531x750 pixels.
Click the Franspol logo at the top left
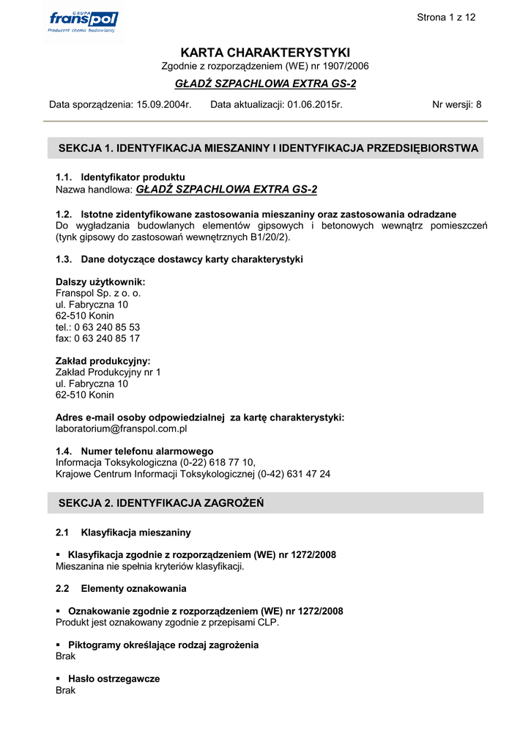81,21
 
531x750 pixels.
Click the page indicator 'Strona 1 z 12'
446,18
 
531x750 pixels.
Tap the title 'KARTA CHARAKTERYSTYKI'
265,53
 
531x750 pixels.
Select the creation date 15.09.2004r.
164,105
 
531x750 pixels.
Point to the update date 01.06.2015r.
315,105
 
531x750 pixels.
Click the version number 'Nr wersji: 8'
457,105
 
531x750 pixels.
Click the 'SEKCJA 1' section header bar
265,149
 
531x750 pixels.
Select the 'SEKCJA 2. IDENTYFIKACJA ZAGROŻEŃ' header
161,503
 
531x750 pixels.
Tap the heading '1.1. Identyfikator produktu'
120,177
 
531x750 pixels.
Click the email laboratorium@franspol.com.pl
122,429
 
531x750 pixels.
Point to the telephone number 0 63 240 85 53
107,327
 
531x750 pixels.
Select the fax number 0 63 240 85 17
107,338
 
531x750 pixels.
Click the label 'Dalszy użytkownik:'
100,282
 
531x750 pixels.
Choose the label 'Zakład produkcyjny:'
103,361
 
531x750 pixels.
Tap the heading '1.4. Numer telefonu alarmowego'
135,451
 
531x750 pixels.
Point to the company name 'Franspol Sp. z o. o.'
98,294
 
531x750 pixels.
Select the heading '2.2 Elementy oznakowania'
121,589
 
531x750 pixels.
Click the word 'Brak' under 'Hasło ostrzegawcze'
66,691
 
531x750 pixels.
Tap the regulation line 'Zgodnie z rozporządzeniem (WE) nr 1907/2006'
265,67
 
